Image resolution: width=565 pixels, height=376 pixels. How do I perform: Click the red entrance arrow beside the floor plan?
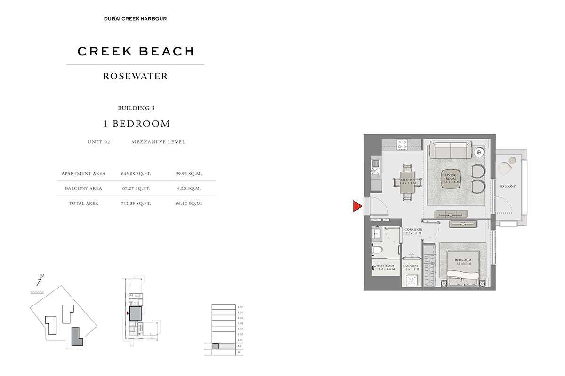coord(357,206)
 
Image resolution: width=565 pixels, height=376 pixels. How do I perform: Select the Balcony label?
coord(508,187)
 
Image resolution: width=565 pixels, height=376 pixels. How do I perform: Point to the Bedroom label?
coord(463,261)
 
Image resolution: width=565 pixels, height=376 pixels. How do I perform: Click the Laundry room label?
coord(411,267)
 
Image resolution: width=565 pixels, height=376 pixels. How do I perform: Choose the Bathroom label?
coord(386,267)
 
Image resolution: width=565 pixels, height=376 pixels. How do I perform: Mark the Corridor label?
coord(413,231)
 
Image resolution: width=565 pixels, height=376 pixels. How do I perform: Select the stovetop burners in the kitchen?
coord(402,144)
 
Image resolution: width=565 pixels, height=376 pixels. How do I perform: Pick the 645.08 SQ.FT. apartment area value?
coord(135,174)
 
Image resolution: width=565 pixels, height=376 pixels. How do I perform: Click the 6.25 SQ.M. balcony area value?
coord(192,188)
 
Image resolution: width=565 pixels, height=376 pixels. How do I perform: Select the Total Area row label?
coord(83,204)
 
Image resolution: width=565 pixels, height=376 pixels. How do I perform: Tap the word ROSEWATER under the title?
coord(135,76)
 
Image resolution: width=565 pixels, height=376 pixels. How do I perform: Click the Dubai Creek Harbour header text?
coord(135,19)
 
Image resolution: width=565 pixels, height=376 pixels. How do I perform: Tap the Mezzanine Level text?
coord(158,142)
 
